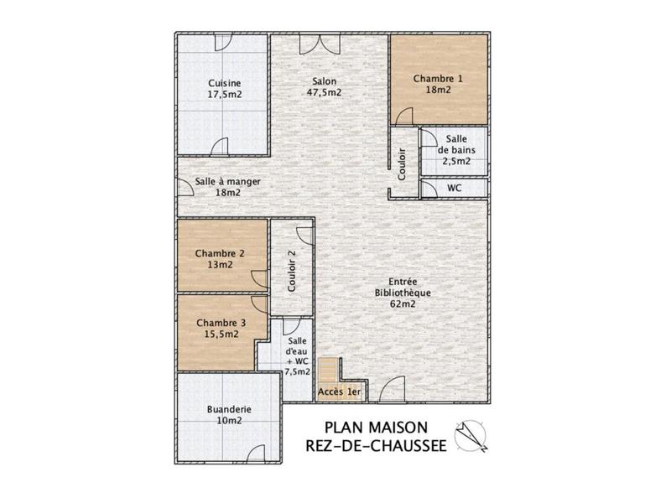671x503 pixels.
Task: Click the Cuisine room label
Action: coord(225,83)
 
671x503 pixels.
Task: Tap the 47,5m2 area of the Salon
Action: coord(325,93)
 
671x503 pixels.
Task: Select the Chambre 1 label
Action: coord(438,78)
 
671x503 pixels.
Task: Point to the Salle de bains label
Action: coord(457,149)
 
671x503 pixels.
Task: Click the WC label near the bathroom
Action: coord(455,189)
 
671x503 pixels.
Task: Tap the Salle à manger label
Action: coord(228,181)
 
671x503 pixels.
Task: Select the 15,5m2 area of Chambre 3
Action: coord(221,334)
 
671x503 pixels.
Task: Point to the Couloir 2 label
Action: coord(292,271)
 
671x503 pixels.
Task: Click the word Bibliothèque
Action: coord(403,293)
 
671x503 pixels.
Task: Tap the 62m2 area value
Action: coord(403,304)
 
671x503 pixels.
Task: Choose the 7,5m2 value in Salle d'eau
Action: coord(298,371)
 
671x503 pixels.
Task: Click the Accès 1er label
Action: coord(340,392)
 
